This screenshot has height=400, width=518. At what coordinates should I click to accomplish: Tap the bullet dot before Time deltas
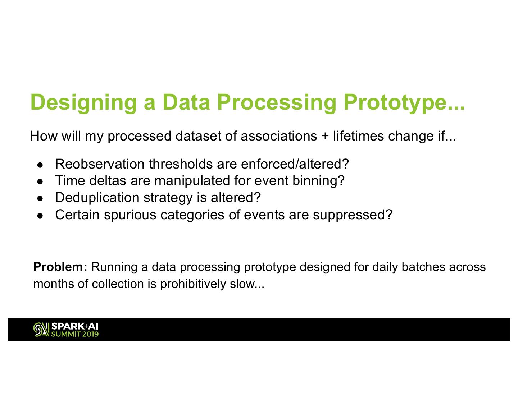[x=40, y=181]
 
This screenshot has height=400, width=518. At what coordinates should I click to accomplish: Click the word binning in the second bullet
[x=316, y=181]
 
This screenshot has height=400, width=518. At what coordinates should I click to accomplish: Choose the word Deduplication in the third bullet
[x=97, y=197]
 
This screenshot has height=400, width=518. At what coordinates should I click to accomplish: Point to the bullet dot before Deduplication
[x=40, y=198]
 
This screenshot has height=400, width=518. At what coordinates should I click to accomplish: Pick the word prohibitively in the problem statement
[x=193, y=284]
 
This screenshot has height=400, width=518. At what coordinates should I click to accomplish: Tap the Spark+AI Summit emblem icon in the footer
[x=41, y=330]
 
